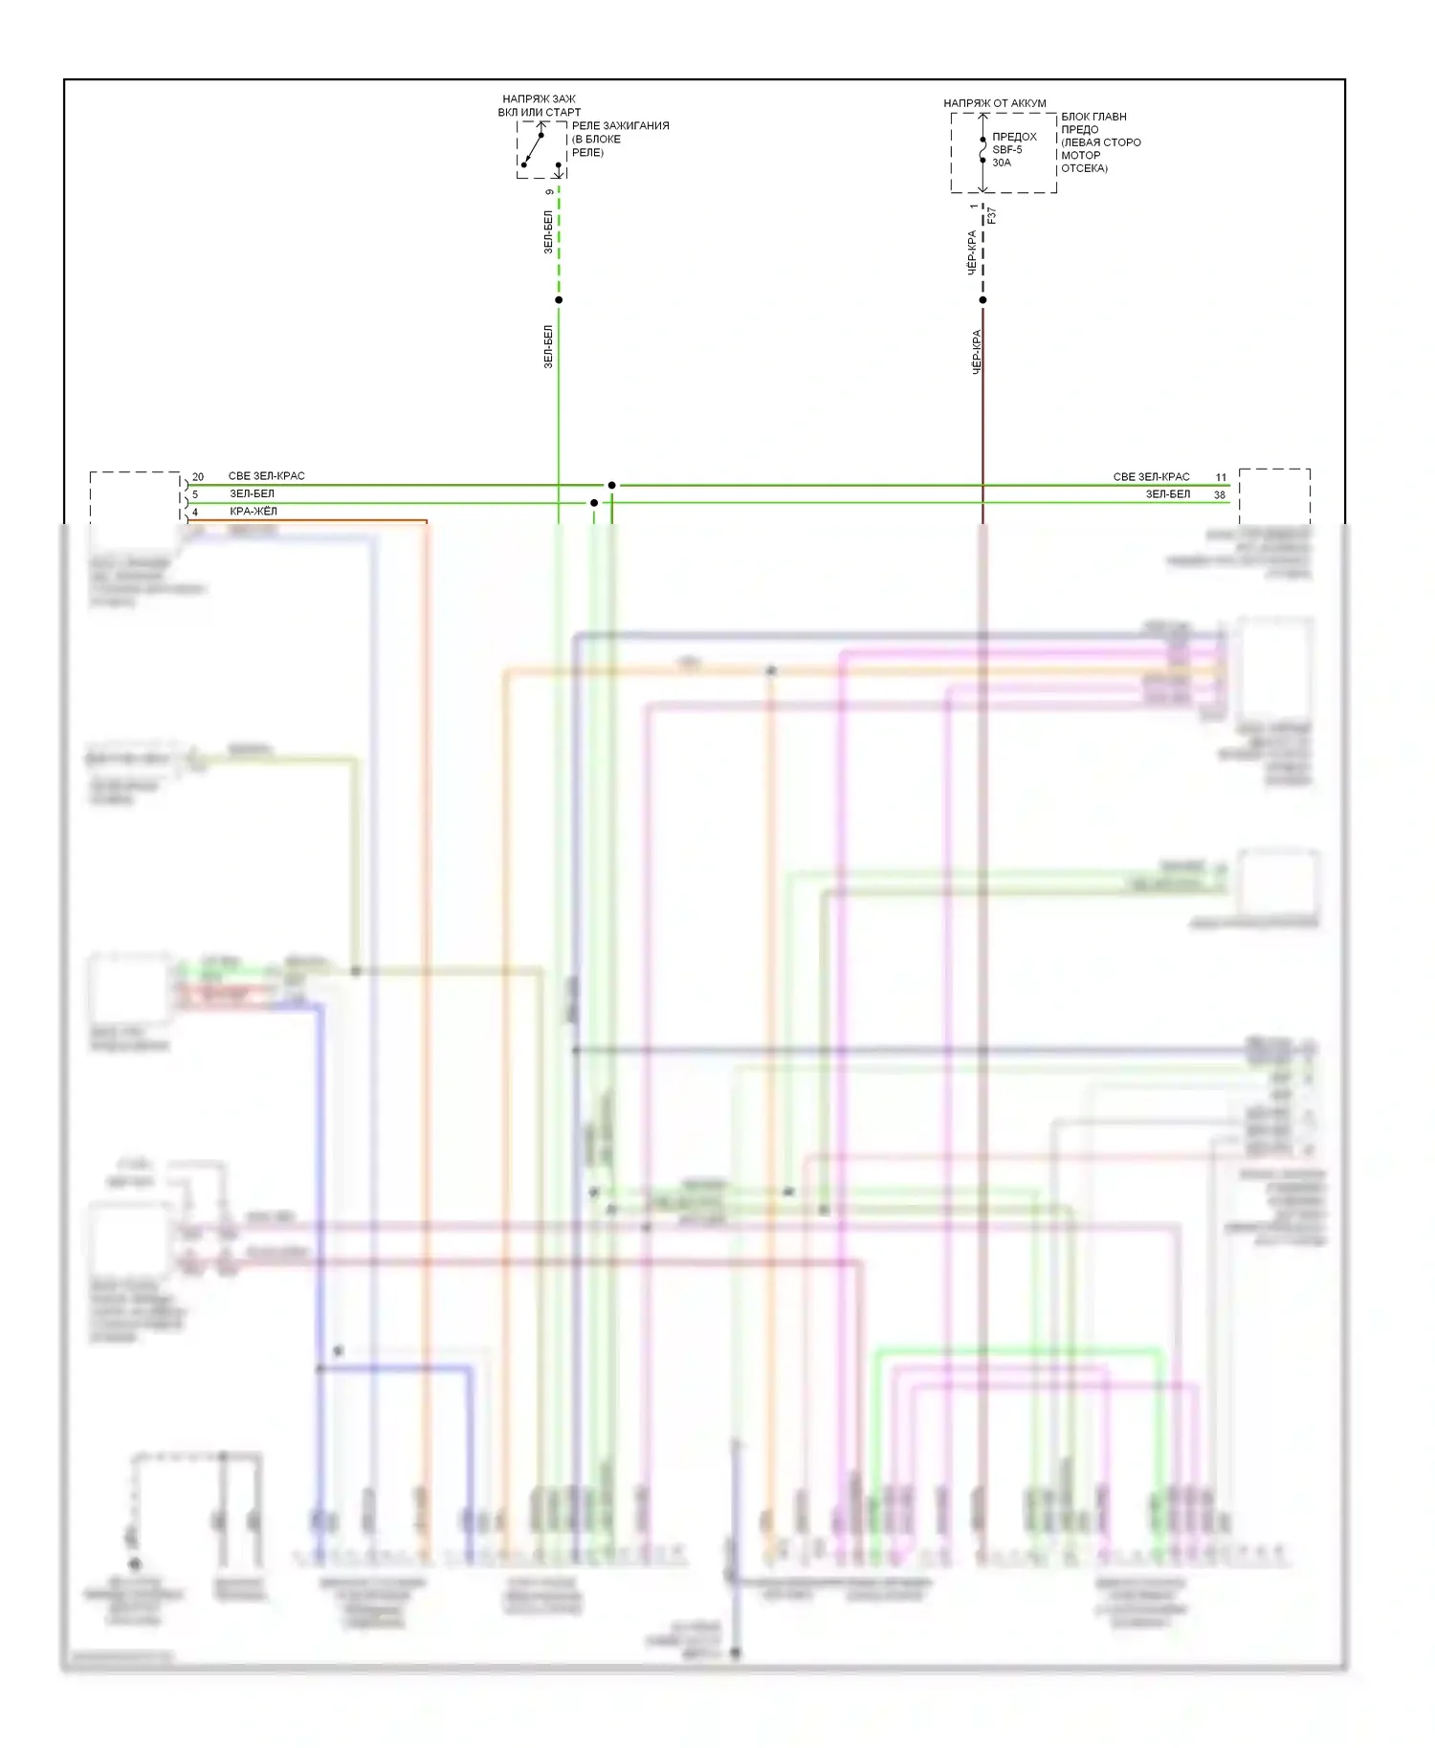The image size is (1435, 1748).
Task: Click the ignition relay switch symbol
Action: (533, 149)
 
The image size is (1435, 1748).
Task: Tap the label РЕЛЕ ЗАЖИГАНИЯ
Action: (620, 125)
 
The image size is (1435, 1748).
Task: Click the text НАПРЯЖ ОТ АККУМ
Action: (994, 103)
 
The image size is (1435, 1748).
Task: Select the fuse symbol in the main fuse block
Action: (982, 151)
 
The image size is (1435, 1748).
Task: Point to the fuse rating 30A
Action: (1001, 163)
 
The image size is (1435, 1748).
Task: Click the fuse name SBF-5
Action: (1006, 150)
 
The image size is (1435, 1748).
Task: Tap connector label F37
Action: (992, 215)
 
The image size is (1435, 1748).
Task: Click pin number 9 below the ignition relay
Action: (549, 192)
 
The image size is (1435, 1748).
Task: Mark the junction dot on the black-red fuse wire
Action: (982, 300)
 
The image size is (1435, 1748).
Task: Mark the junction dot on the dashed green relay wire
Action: (559, 300)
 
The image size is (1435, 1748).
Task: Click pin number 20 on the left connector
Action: (198, 476)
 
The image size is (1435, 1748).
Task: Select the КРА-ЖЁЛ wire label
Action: (254, 512)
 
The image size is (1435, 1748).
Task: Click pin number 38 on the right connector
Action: (1220, 494)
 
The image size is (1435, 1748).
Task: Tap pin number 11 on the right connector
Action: (1221, 476)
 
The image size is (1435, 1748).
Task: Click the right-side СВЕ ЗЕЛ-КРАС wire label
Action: (1151, 476)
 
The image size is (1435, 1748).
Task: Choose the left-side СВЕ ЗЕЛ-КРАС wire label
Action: (266, 476)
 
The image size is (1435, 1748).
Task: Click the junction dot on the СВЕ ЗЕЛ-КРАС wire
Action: (612, 486)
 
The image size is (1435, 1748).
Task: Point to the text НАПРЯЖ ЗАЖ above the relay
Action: (539, 99)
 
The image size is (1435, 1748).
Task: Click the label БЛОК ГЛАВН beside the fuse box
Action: (1093, 117)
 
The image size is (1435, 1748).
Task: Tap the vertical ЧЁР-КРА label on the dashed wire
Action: (972, 252)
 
